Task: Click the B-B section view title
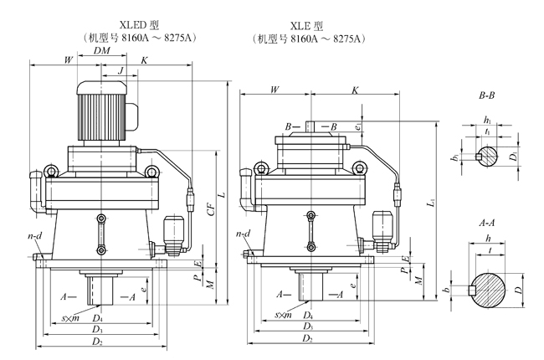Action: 490,97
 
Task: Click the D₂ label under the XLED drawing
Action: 99,342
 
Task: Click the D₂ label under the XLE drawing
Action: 308,338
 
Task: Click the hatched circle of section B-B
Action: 490,155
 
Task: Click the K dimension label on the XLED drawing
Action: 145,60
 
